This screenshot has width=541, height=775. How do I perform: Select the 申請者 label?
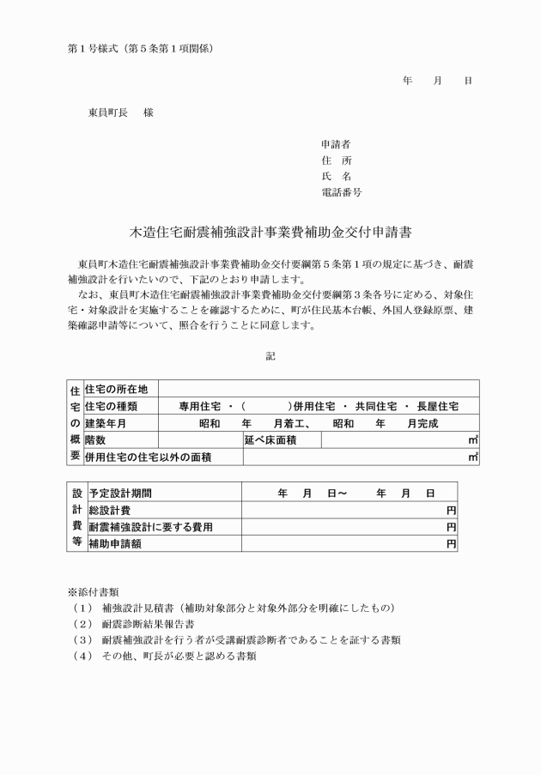pyautogui.click(x=336, y=144)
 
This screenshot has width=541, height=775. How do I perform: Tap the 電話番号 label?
pyautogui.click(x=341, y=193)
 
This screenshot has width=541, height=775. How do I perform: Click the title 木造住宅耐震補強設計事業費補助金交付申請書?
pyautogui.click(x=270, y=233)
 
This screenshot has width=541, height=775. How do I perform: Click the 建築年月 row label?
pyautogui.click(x=106, y=423)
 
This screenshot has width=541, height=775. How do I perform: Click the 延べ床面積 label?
pyautogui.click(x=270, y=440)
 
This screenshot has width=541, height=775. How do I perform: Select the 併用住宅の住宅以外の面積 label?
pyautogui.click(x=149, y=457)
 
